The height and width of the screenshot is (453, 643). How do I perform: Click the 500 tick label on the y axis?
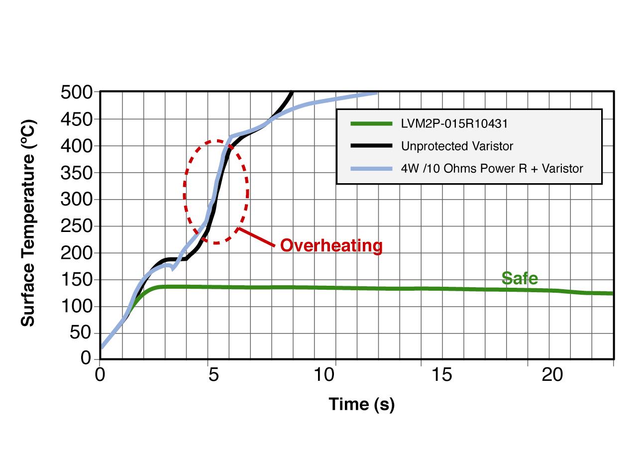[x=77, y=92]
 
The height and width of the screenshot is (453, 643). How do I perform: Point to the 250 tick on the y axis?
[x=77, y=226]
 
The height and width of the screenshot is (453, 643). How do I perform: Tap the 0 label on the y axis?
[x=87, y=358]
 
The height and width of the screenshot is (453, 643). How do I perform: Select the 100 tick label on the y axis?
[x=77, y=306]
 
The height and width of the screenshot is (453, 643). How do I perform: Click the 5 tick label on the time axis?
[x=213, y=375]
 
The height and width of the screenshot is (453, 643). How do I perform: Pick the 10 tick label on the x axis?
[x=324, y=375]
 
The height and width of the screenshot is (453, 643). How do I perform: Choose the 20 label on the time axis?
[x=552, y=375]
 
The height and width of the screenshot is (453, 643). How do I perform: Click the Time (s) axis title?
[x=361, y=404]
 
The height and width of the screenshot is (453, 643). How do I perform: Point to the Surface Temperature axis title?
[x=29, y=223]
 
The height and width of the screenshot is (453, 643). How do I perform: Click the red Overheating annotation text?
[x=331, y=245]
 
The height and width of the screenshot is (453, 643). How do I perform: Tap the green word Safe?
[x=520, y=278]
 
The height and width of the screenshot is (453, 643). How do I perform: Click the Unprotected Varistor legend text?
[x=457, y=146]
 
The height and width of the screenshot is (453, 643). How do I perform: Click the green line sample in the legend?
[x=371, y=123]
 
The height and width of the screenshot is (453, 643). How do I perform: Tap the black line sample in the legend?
[x=371, y=146]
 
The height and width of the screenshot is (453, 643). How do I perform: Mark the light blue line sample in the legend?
[x=371, y=168]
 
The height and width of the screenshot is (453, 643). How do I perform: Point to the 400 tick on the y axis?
[x=77, y=146]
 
